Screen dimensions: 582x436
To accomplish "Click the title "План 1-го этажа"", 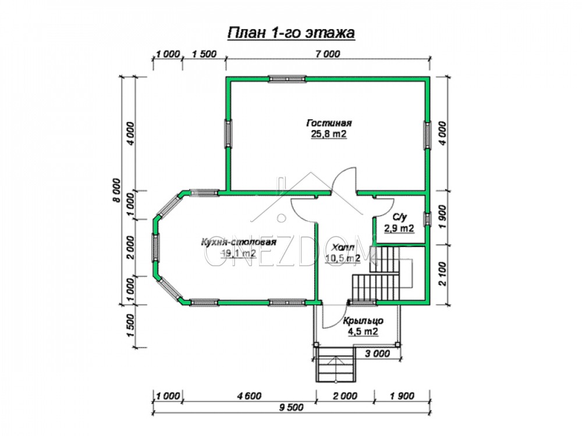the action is pos(290,33).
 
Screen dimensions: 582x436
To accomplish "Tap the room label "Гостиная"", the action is pos(329,122).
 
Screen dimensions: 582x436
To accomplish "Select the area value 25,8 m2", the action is pos(329,134).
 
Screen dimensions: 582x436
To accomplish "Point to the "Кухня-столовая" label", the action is pos(238,242).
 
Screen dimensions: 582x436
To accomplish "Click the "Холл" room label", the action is pos(343,247).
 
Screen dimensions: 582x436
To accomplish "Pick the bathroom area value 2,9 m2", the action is pos(399,228).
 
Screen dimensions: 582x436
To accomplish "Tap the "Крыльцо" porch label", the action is pos(363,321).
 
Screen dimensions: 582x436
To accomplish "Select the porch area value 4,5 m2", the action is pos(363,331).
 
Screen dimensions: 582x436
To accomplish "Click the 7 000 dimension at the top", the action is pos(328,53).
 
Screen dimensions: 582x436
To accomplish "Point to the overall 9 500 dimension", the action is pos(291,408).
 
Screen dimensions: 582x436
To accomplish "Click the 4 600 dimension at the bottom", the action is pos(249,396).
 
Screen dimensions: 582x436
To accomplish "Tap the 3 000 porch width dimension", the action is pos(378,353).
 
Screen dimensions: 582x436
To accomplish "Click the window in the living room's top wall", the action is pos(288,78).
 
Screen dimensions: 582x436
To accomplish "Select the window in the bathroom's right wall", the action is pos(428,219).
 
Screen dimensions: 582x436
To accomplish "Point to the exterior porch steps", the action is pos(336,365).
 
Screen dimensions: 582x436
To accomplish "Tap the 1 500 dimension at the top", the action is pos(204,53).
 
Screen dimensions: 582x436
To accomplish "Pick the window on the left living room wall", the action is pos(229,134).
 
